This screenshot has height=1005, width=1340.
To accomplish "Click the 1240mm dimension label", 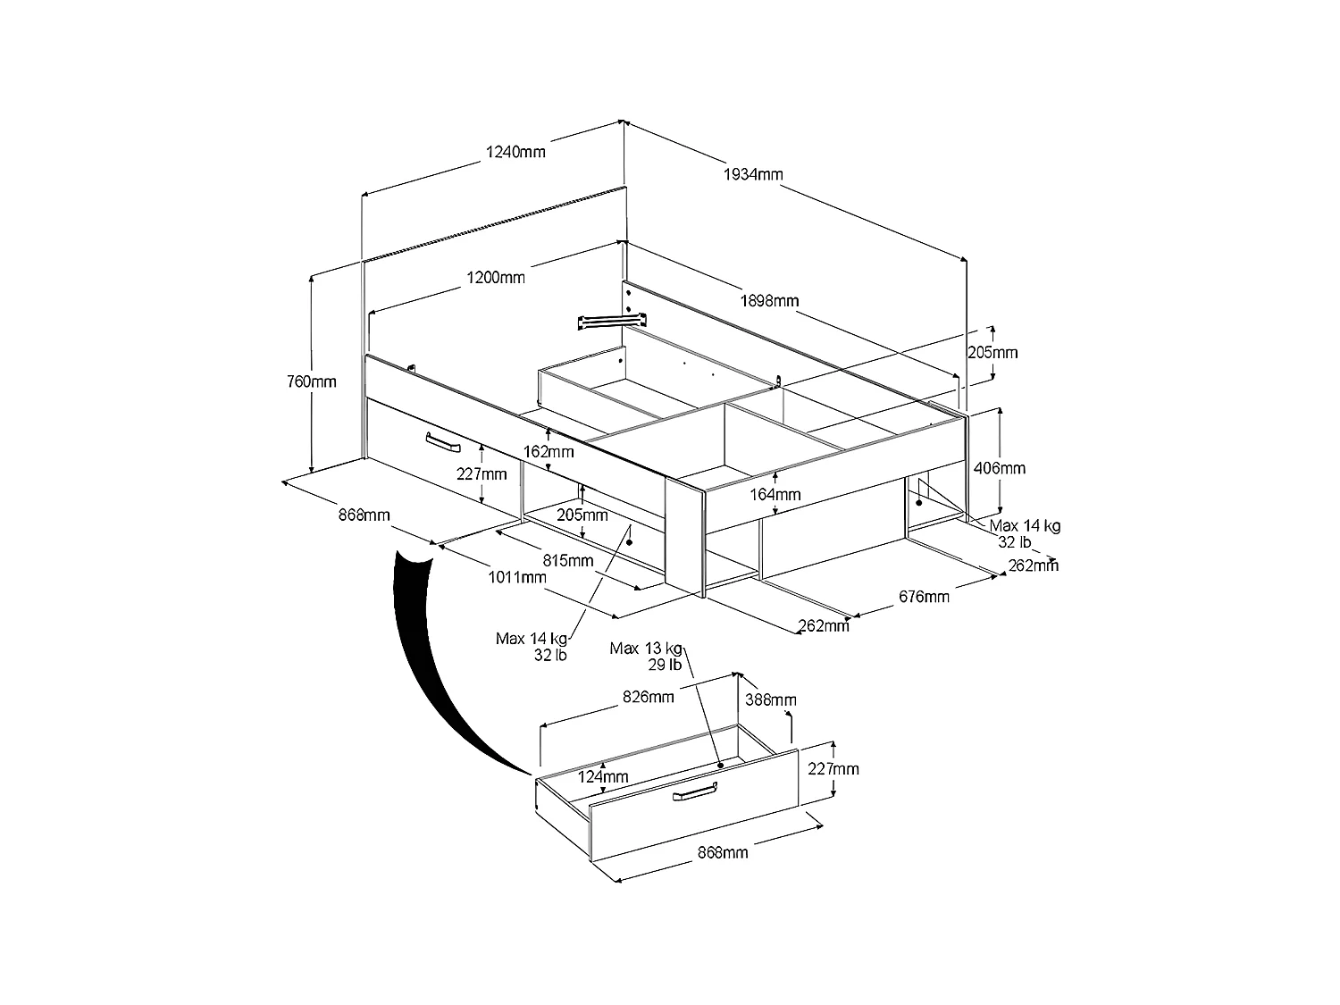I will coord(515,152).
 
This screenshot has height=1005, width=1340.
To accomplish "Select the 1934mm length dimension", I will coord(753,173).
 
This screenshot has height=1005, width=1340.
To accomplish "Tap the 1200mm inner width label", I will coord(496,277).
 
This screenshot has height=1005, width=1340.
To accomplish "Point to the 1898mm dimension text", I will coord(769,300).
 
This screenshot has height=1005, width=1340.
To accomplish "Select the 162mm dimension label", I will coord(549,452).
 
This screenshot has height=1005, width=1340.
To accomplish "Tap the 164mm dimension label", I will coord(775,494).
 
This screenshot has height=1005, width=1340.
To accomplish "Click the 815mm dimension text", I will coord(568,560).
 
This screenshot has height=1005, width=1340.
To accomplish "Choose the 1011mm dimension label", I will coord(516,577).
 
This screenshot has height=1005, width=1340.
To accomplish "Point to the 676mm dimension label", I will coord(924,596).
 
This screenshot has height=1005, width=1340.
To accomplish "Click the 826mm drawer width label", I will coord(649,697).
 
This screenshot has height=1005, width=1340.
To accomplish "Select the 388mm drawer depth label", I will coord(769,699).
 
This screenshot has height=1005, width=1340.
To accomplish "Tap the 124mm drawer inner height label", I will coord(603,776).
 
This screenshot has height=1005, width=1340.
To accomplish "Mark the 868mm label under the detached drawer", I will coord(722,852).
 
